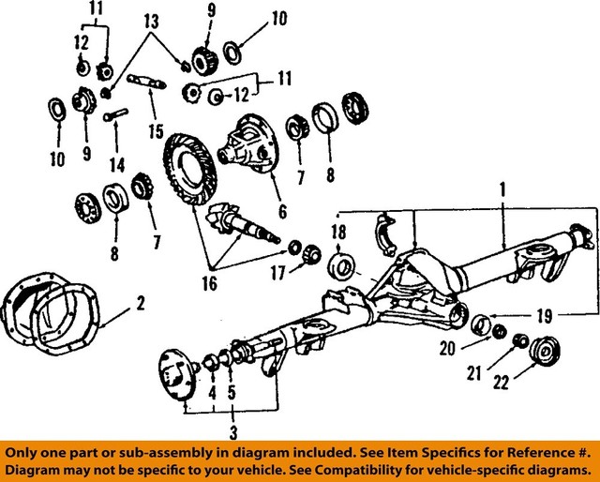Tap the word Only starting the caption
pyautogui.click(x=23, y=450)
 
